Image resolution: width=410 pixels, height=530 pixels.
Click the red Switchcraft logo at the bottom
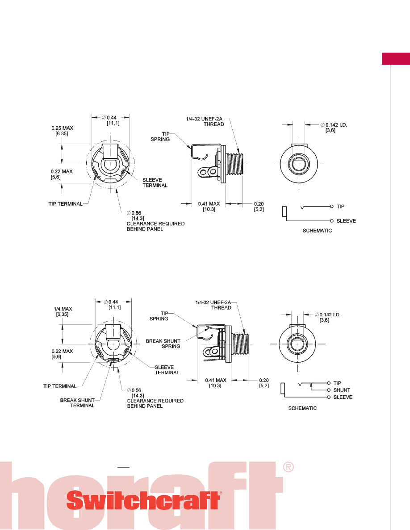pyautogui.click(x=144, y=501)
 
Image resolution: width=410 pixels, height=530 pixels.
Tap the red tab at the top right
pyautogui.click(x=396, y=58)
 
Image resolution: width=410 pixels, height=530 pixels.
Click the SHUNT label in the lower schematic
pyautogui.click(x=342, y=390)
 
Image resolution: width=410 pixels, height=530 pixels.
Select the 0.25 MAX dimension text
pyautogui.click(x=62, y=131)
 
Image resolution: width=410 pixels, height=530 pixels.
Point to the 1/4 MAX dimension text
pyautogui.click(x=63, y=312)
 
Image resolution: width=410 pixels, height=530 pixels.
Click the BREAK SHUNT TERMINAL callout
pyautogui.click(x=77, y=403)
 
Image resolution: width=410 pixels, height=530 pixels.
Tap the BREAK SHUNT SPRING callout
pyautogui.click(x=163, y=344)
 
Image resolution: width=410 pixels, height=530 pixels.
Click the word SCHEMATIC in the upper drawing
pyautogui.click(x=317, y=231)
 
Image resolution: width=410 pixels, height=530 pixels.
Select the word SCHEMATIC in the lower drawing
pyautogui.click(x=302, y=408)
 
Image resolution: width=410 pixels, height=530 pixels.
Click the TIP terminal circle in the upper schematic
pyautogui.click(x=332, y=207)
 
